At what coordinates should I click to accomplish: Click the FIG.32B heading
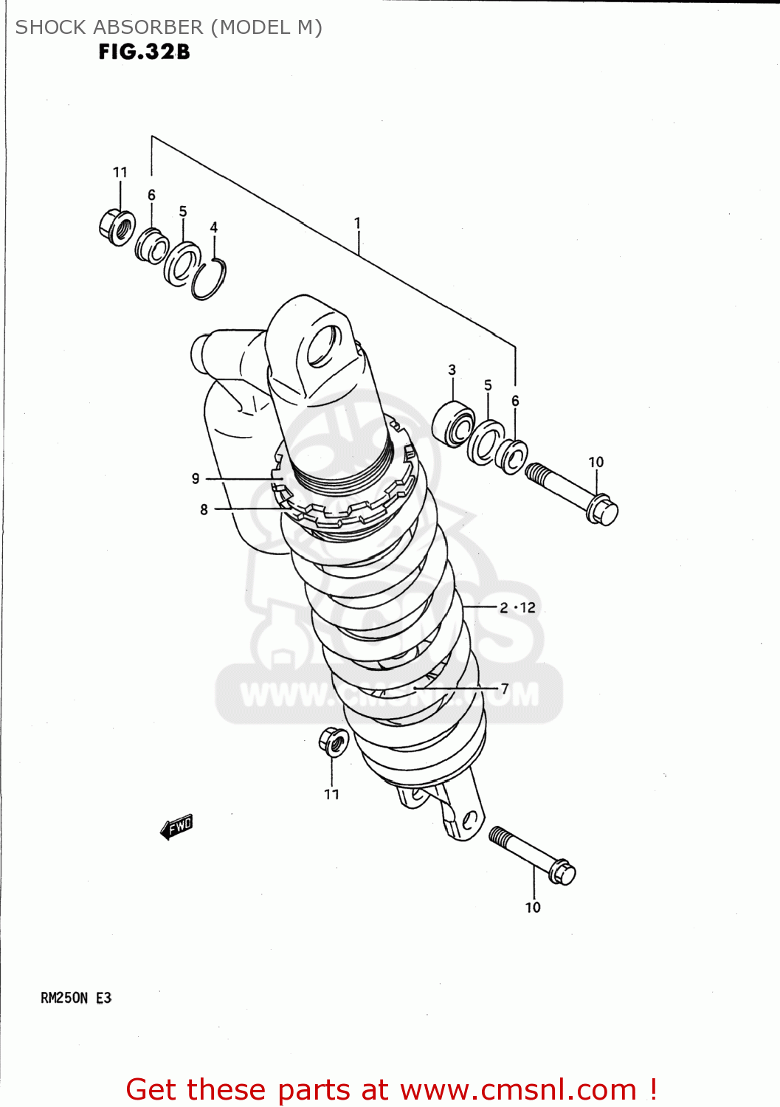(145, 52)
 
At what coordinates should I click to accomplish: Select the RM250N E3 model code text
(76, 998)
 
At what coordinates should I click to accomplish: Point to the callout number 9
(196, 478)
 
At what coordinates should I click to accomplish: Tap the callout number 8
(204, 509)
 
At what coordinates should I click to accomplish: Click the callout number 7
(505, 688)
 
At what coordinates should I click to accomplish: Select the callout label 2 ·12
(517, 607)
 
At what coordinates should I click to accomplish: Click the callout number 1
(357, 222)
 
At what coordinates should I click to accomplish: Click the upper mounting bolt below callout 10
(571, 492)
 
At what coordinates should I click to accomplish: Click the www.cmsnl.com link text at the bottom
(518, 1089)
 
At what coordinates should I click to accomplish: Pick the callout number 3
(452, 370)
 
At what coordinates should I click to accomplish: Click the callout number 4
(214, 227)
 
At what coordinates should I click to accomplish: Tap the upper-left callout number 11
(120, 172)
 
